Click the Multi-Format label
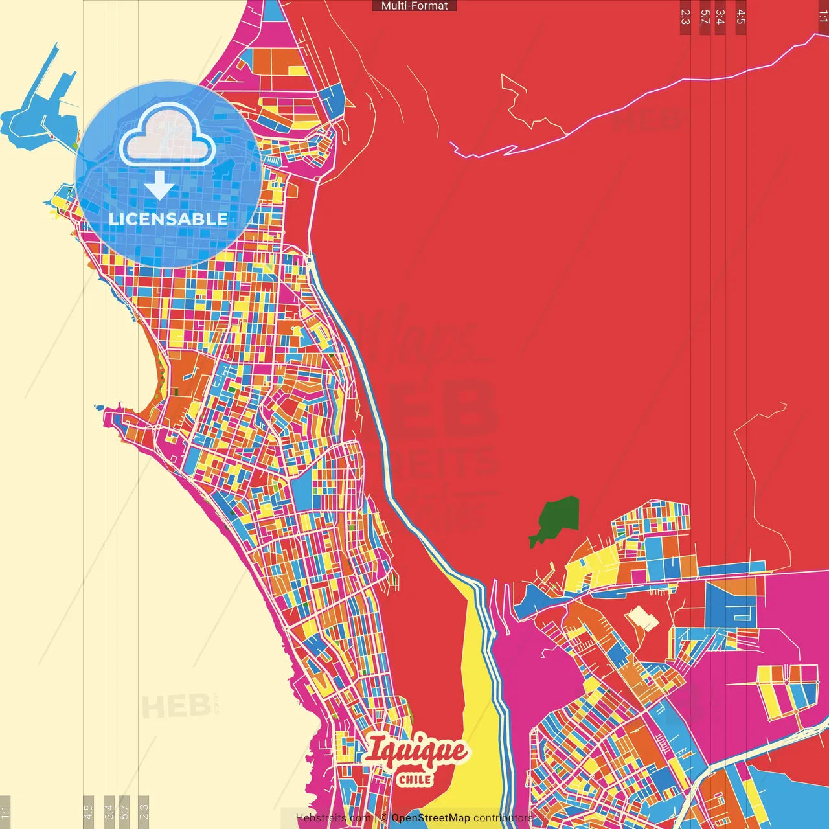pos(414,6)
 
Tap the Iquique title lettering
pos(416,753)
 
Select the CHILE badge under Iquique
pos(414,779)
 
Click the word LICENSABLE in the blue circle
pos(168,219)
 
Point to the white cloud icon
pos(167,136)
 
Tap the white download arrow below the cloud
pos(159,186)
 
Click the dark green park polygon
pos(556,518)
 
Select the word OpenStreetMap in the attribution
pos(431,818)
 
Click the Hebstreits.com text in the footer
pos(334,818)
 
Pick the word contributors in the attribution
pos(503,818)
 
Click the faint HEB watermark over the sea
pos(175,706)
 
